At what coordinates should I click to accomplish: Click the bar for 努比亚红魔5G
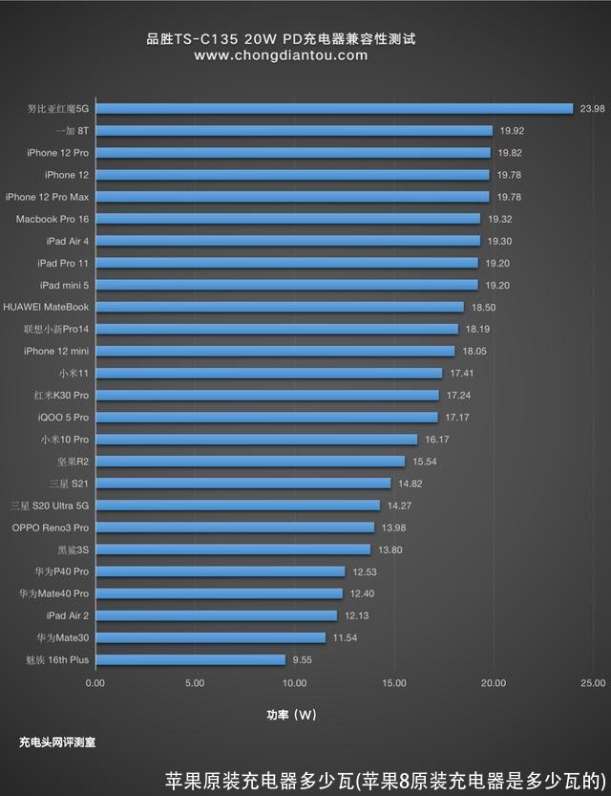pyautogui.click(x=333, y=109)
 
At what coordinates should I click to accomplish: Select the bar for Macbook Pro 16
pyautogui.click(x=287, y=219)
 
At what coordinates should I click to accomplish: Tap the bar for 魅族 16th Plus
pyautogui.click(x=190, y=659)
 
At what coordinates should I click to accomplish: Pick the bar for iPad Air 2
pyautogui.click(x=216, y=615)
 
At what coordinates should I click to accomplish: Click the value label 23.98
pyautogui.click(x=592, y=109)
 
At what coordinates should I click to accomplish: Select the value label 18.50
pyautogui.click(x=483, y=307)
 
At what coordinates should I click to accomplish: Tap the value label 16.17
pyautogui.click(x=437, y=440)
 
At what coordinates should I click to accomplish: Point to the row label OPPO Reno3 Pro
pyautogui.click(x=51, y=527)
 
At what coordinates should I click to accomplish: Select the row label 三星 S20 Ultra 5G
pyautogui.click(x=50, y=506)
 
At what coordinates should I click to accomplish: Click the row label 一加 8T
pyautogui.click(x=73, y=131)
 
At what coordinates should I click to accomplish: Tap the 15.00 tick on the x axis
pyautogui.click(x=393, y=683)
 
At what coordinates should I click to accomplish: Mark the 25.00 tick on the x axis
pyautogui.click(x=592, y=683)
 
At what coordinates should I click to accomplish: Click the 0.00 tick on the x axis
pyautogui.click(x=95, y=683)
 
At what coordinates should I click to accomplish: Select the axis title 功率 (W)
pyautogui.click(x=291, y=714)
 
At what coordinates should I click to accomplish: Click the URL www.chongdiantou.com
pyautogui.click(x=281, y=55)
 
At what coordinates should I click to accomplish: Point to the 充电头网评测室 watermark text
pyautogui.click(x=57, y=741)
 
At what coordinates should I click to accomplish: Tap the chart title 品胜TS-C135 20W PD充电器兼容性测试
pyautogui.click(x=281, y=39)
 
